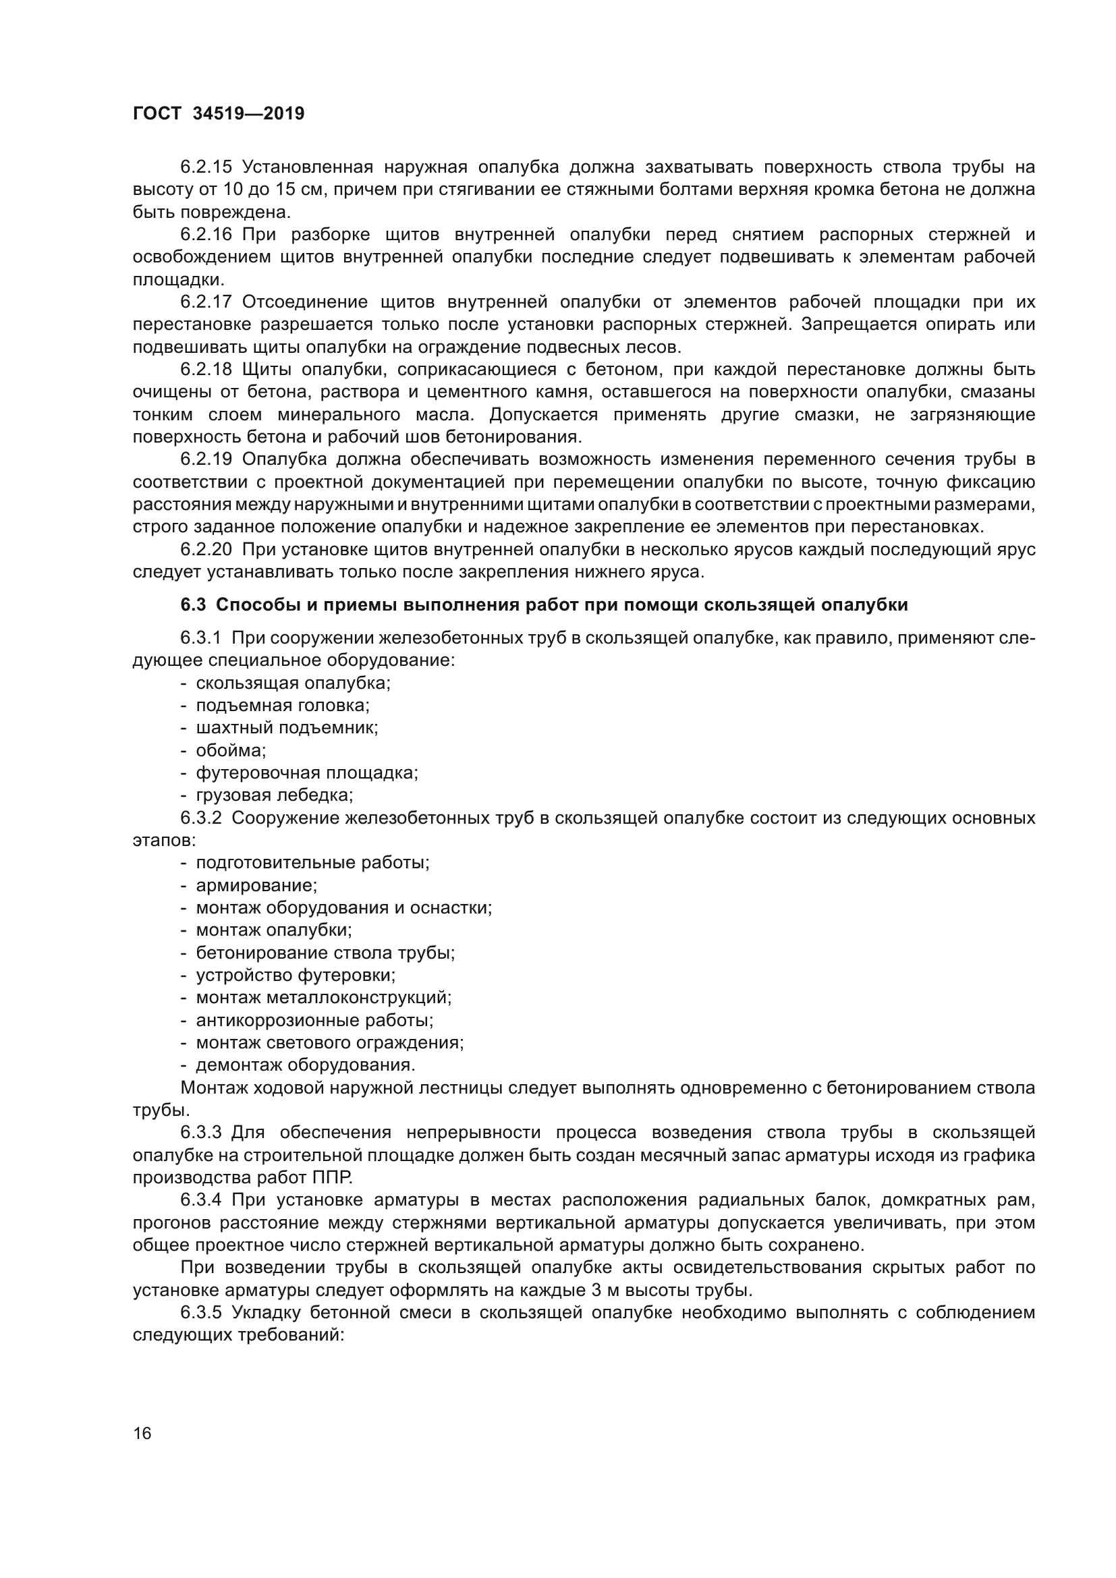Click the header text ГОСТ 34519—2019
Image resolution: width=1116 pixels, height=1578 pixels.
click(x=218, y=114)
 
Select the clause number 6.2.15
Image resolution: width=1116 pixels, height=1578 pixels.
click(x=206, y=167)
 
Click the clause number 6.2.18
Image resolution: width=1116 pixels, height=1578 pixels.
click(x=206, y=370)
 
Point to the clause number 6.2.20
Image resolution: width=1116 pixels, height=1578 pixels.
click(x=206, y=549)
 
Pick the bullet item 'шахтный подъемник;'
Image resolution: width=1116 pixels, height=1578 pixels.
click(x=287, y=728)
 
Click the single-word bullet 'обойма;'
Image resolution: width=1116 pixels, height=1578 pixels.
click(x=231, y=750)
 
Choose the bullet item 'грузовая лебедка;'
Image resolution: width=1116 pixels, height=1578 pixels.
click(x=274, y=795)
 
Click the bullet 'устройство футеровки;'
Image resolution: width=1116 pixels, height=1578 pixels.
click(x=296, y=975)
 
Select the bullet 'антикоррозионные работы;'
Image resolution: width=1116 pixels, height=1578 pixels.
click(x=314, y=1020)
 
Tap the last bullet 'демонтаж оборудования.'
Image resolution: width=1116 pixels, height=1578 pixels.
click(x=306, y=1065)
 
